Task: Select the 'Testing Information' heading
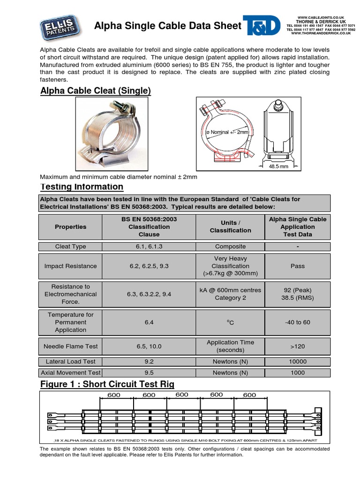click(82, 187)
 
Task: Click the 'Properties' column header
click(70, 227)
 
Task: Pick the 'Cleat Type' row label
click(70, 247)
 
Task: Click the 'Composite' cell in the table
click(230, 247)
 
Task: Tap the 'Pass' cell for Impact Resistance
click(297, 266)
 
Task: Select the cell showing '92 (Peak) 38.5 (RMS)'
click(297, 294)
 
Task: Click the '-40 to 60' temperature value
click(297, 322)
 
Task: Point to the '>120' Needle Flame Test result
click(297, 346)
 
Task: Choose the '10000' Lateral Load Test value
click(297, 361)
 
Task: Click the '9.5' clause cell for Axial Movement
click(149, 373)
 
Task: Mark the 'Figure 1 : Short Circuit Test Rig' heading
click(107, 384)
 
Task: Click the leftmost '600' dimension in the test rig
click(114, 395)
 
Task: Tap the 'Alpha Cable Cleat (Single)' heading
click(96, 90)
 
